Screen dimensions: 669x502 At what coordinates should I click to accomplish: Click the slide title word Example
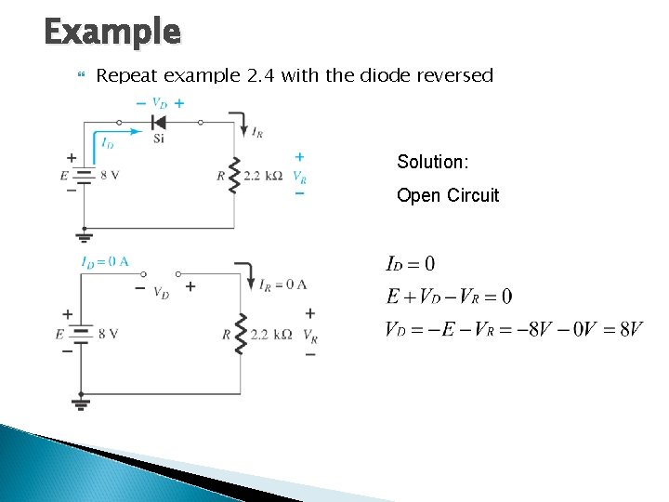(111, 32)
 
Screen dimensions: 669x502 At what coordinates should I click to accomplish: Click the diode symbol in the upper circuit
(157, 122)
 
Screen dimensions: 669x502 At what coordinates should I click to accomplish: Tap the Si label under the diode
(159, 139)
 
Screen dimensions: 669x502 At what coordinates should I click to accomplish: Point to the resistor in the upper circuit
(233, 174)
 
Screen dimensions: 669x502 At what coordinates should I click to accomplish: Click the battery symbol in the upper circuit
(85, 175)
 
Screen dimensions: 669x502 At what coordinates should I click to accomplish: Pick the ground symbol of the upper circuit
(85, 234)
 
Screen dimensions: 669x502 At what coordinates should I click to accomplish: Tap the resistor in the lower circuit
(241, 333)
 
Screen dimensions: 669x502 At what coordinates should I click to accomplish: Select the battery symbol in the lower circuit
(81, 334)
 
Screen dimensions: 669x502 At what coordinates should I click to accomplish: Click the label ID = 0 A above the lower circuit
(105, 262)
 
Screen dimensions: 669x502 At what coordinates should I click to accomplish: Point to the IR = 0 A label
(283, 284)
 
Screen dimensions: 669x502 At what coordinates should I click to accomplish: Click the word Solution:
(433, 162)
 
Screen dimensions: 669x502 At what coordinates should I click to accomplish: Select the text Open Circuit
(448, 195)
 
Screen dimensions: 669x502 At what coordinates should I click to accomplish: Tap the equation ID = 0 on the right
(410, 265)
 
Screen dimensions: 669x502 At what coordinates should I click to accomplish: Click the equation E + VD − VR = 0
(448, 297)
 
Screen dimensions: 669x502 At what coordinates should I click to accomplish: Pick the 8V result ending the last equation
(630, 330)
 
